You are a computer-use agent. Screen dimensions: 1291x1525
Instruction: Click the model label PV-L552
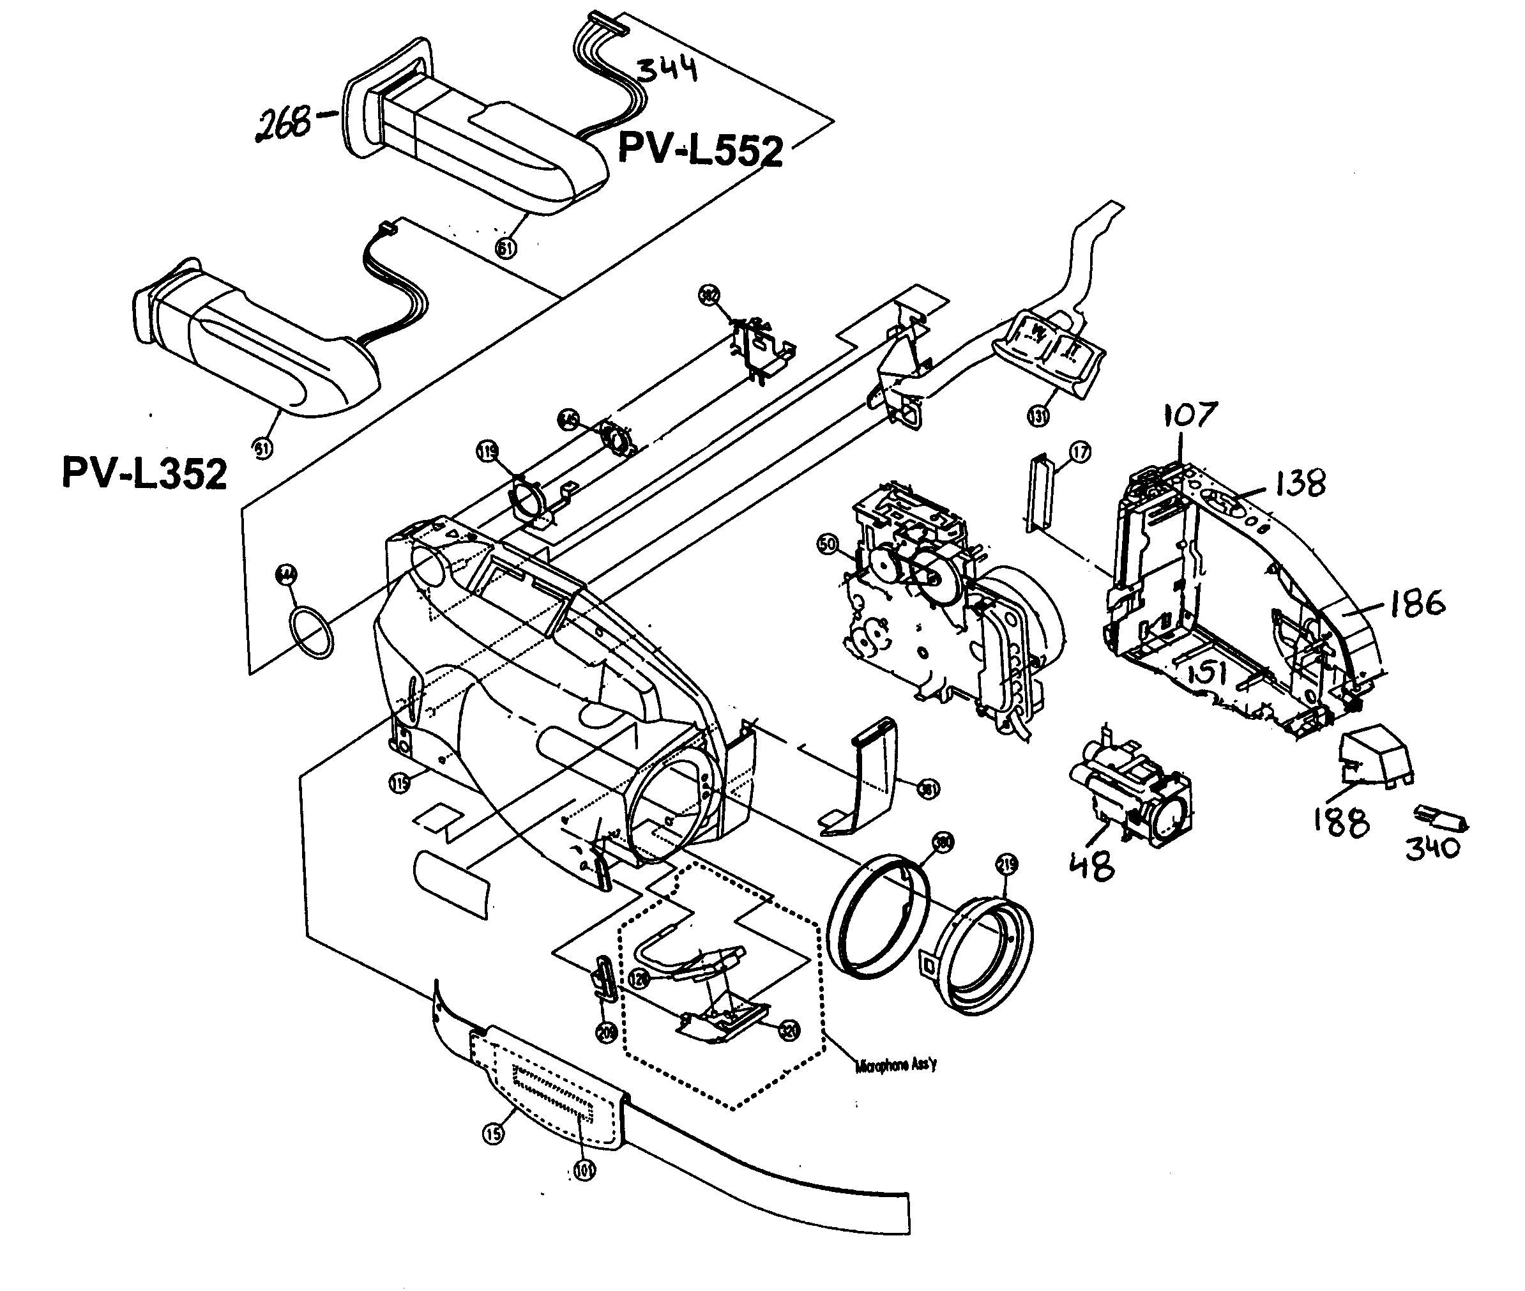[x=701, y=149]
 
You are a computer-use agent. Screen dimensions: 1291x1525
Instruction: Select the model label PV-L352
[x=144, y=473]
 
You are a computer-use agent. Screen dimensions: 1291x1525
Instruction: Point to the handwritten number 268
[x=282, y=124]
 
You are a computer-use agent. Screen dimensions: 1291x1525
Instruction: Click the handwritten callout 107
[x=1190, y=416]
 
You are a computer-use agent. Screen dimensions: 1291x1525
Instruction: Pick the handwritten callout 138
[x=1300, y=484]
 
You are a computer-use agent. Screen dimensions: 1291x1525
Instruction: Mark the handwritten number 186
[x=1416, y=604]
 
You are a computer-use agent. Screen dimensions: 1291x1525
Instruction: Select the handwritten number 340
[x=1432, y=848]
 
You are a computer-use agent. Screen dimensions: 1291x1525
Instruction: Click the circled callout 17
[x=1080, y=453]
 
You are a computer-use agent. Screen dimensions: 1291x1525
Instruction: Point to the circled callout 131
[x=1038, y=416]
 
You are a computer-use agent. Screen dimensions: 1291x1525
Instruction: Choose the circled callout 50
[x=827, y=544]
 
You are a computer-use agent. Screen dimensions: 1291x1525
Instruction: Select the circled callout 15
[x=493, y=1134]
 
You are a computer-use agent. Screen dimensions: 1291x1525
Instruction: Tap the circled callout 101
[x=583, y=1170]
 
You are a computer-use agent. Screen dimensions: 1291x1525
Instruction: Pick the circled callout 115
[x=400, y=784]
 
